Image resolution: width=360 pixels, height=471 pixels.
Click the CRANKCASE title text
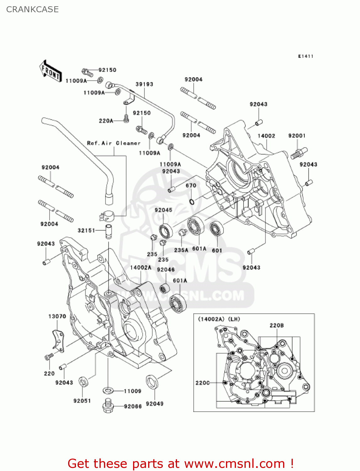(32, 9)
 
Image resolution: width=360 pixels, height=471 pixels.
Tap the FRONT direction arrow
(50, 71)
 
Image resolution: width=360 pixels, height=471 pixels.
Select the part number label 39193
(144, 84)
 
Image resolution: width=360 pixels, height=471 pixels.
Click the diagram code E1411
(306, 56)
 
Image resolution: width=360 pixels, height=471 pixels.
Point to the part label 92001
(297, 136)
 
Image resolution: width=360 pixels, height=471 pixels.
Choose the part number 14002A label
(141, 268)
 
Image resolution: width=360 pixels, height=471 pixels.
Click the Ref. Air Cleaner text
(114, 143)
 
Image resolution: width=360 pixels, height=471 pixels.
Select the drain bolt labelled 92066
(108, 406)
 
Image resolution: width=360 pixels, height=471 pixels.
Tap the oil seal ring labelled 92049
(152, 382)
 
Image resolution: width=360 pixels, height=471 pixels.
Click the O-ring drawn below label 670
(191, 201)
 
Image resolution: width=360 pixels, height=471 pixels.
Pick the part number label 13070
(57, 316)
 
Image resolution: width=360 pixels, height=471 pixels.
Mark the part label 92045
(163, 210)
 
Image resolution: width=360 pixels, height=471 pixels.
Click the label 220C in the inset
(202, 383)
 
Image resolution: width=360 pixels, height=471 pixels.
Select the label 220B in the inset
(277, 325)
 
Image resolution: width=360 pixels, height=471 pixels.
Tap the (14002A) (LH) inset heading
(219, 319)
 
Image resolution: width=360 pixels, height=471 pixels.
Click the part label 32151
(86, 230)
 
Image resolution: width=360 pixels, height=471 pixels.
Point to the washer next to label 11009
(108, 390)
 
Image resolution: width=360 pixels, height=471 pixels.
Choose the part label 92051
(82, 401)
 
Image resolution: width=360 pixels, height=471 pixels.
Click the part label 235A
(181, 250)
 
